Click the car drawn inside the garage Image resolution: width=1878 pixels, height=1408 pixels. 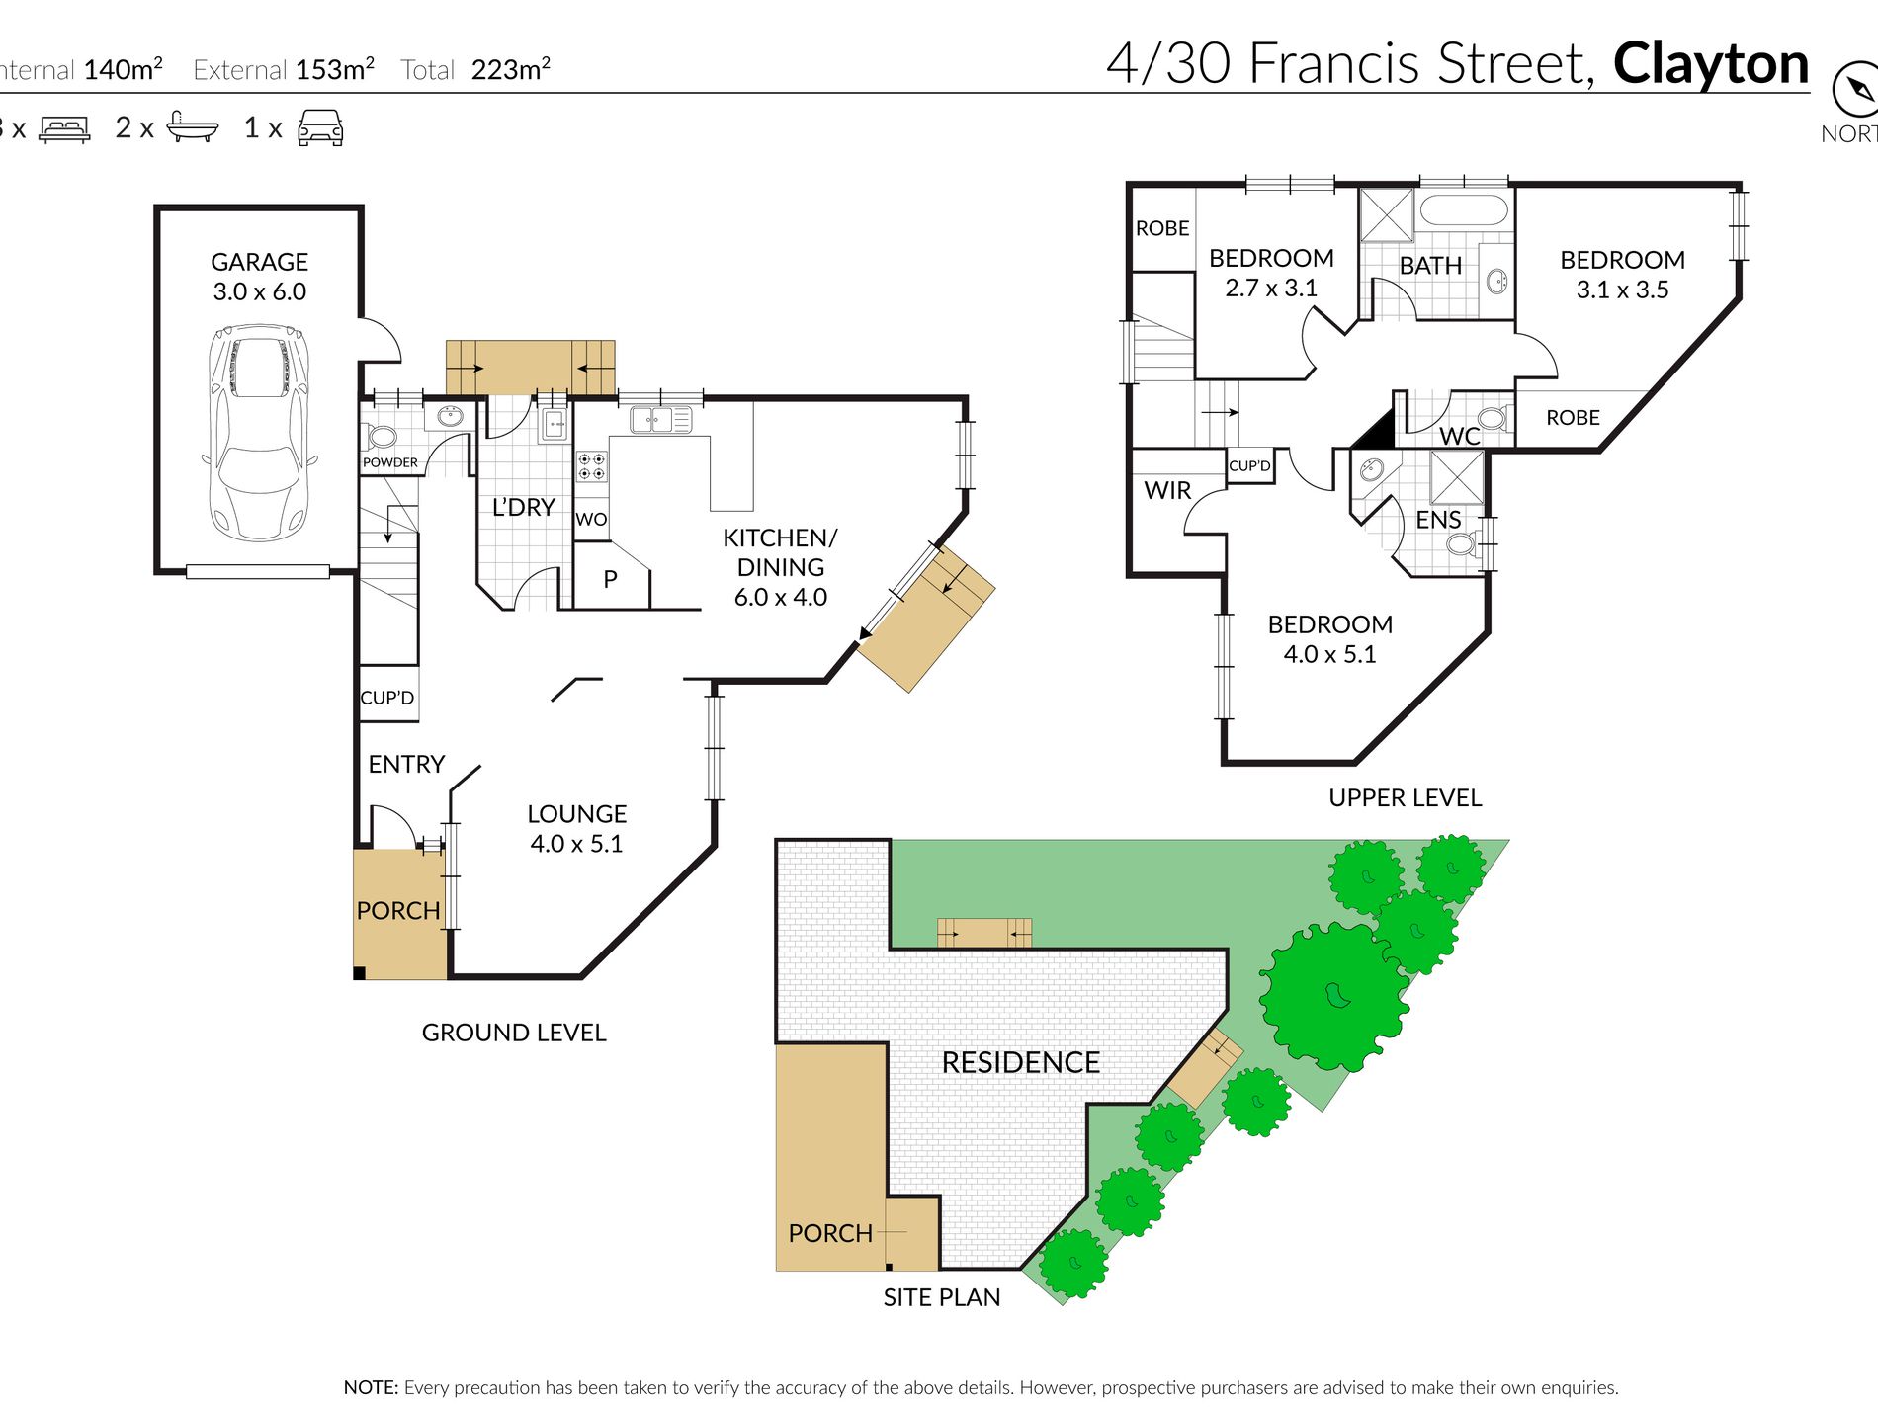tap(260, 433)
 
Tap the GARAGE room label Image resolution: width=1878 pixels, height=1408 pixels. tap(260, 262)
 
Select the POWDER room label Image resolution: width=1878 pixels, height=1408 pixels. tap(390, 462)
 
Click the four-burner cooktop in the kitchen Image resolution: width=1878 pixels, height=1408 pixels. tap(592, 466)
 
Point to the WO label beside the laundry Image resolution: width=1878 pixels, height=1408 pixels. tap(591, 520)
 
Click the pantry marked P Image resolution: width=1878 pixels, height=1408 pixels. tap(611, 579)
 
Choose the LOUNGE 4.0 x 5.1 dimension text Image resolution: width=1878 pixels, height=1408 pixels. tap(576, 844)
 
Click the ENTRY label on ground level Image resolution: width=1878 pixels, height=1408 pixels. tap(406, 764)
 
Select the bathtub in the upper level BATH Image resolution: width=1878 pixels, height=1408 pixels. tap(1464, 210)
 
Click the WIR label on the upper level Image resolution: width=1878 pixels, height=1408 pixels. tap(1167, 490)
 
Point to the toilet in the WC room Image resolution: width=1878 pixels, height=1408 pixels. tap(1492, 418)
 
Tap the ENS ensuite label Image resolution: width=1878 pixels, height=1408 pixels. tap(1438, 520)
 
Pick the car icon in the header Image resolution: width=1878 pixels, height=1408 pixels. tap(320, 127)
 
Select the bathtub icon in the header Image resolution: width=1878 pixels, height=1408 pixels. tap(193, 126)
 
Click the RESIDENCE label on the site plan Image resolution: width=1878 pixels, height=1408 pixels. tap(1021, 1062)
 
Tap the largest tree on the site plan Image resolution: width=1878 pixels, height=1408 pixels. tap(1334, 996)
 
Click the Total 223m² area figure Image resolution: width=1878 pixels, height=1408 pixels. tap(475, 69)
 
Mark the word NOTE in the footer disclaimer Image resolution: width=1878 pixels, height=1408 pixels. tap(371, 1387)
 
